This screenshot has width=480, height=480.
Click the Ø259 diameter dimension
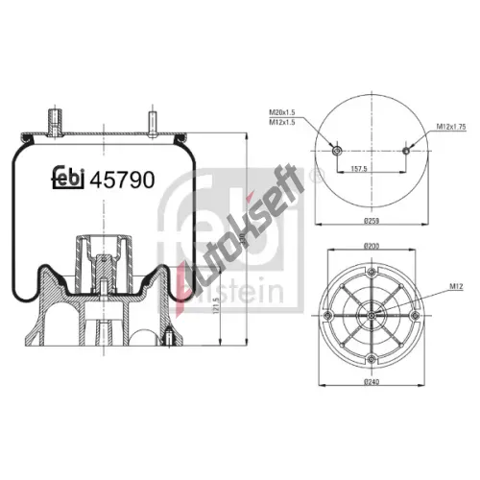click(x=372, y=223)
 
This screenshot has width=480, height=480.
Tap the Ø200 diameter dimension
click(x=372, y=247)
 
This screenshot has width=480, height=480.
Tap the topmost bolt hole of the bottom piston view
click(x=372, y=271)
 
